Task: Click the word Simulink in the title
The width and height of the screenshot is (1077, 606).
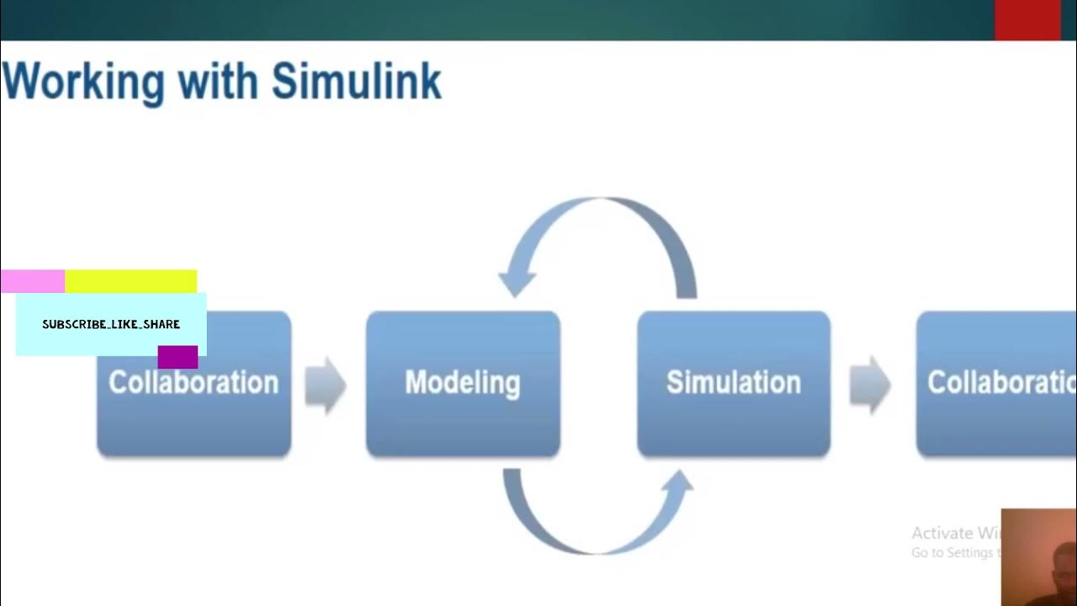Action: (356, 82)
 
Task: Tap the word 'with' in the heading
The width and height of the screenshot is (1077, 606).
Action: (218, 82)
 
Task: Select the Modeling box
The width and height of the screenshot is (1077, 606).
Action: (463, 421)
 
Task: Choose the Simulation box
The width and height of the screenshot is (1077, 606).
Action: (734, 421)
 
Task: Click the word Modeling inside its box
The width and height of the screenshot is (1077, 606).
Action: (463, 382)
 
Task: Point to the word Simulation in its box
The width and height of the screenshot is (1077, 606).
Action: (734, 382)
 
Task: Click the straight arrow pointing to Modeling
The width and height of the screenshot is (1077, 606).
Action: (326, 385)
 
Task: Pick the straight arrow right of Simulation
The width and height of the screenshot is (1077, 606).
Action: (870, 385)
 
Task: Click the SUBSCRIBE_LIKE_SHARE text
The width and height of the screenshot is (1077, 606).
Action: (111, 324)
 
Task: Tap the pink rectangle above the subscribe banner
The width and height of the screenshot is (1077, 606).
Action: (33, 281)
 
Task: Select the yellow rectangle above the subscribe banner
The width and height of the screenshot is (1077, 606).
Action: (130, 281)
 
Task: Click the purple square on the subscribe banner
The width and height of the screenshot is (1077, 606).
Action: (178, 357)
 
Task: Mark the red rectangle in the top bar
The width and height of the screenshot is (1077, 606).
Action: (1027, 20)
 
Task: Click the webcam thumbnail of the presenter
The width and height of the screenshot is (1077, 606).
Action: (1038, 557)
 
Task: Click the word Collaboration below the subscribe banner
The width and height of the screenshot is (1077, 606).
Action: (194, 383)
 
